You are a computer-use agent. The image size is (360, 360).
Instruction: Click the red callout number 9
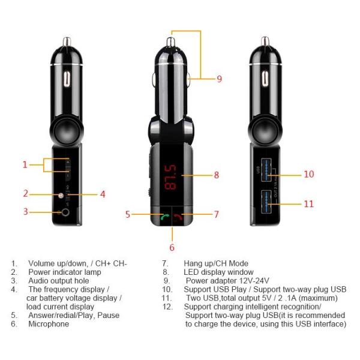tap(220, 79)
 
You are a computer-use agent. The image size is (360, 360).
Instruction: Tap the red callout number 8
tap(216, 175)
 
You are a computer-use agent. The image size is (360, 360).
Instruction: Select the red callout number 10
tap(308, 174)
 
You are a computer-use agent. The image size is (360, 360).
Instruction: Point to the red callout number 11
tap(308, 204)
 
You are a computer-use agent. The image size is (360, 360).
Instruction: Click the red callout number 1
tap(25, 164)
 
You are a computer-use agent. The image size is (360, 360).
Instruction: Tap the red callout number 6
tap(172, 247)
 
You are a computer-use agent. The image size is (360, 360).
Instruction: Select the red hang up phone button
tap(179, 217)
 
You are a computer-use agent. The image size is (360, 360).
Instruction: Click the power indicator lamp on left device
tap(59, 195)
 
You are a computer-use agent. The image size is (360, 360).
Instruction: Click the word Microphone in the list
tap(49, 324)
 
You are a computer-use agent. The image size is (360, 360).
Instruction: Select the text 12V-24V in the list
tap(254, 280)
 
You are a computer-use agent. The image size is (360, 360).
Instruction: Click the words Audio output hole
tap(58, 280)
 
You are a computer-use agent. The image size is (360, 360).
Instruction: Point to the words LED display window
tap(215, 272)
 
